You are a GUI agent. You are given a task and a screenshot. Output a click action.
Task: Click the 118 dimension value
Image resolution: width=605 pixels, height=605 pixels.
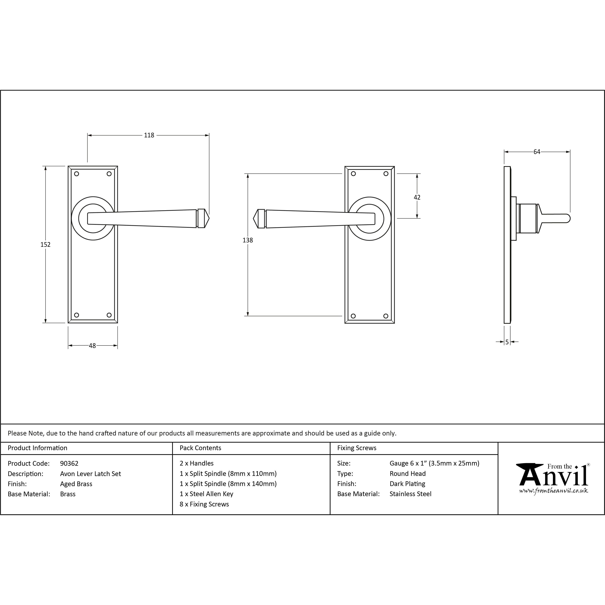click(x=149, y=135)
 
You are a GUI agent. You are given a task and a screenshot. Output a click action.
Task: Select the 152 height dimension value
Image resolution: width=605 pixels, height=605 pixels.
click(x=45, y=244)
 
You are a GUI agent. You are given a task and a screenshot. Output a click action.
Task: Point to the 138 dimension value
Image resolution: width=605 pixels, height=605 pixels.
click(x=248, y=240)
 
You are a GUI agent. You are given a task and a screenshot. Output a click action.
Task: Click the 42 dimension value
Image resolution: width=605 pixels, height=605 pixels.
click(x=417, y=197)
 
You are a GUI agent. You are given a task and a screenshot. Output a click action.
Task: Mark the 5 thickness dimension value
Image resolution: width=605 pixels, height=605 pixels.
click(x=507, y=342)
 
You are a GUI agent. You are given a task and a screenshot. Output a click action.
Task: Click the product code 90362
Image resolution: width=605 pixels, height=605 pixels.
click(x=69, y=463)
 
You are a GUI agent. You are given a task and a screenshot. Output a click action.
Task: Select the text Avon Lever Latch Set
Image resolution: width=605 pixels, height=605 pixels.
click(x=91, y=474)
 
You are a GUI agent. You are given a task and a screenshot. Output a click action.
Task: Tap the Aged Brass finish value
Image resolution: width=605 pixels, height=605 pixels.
click(x=76, y=484)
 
